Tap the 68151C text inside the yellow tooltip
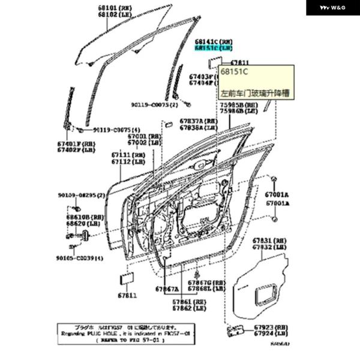pos(235,72)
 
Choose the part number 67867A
pos(168,289)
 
